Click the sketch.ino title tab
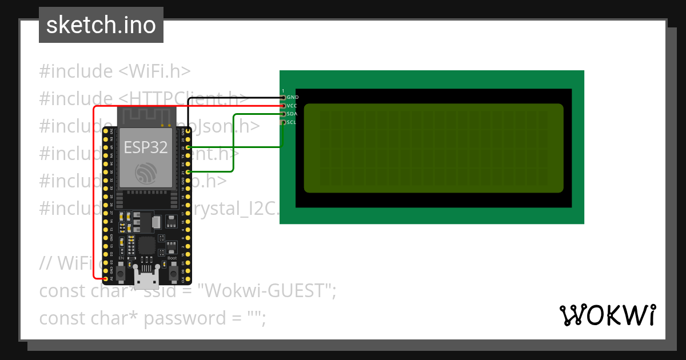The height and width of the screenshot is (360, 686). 101,25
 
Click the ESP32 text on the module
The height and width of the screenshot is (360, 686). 146,147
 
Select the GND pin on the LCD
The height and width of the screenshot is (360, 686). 282,98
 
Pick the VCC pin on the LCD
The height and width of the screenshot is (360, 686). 282,106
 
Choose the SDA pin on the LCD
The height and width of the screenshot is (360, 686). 282,114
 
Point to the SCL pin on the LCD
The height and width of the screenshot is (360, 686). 282,122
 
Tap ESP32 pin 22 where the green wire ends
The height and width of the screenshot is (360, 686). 188,147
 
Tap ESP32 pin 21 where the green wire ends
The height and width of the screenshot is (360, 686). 188,171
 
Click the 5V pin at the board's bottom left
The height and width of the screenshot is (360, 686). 105,278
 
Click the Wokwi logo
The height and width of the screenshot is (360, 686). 607,315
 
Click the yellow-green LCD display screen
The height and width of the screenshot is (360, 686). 433,148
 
